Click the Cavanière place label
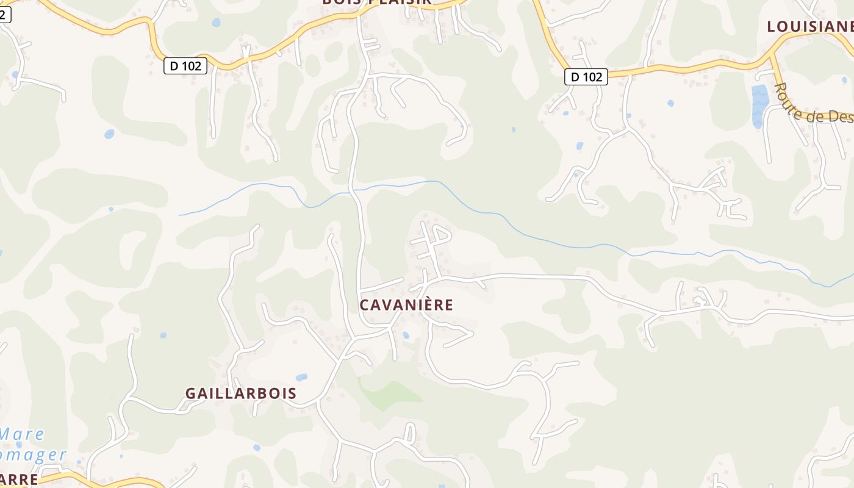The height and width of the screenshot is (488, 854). (x=406, y=304)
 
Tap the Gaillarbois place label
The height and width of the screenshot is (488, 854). (x=241, y=393)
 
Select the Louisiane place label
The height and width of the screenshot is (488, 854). (x=810, y=26)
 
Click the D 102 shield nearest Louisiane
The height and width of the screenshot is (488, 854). (x=586, y=77)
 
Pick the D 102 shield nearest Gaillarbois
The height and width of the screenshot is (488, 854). (x=185, y=66)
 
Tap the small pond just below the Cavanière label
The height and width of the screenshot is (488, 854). (x=406, y=335)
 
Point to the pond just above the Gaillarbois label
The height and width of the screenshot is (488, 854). (x=301, y=378)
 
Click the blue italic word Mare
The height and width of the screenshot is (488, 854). (x=22, y=434)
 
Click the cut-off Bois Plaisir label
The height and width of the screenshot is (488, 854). (x=376, y=2)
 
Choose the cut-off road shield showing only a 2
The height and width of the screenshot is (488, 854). (x=5, y=15)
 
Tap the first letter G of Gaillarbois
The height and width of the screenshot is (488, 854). (x=191, y=393)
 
